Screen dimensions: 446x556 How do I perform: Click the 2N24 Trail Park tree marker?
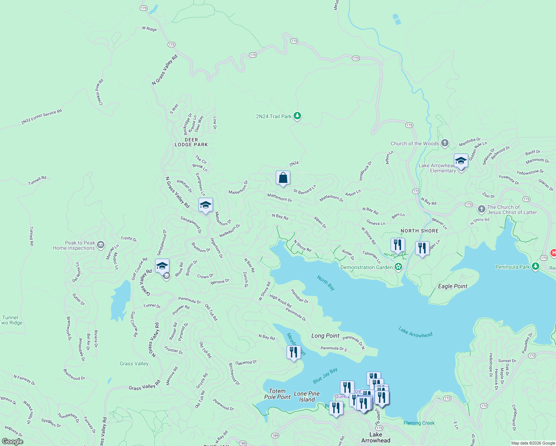tap(297, 116)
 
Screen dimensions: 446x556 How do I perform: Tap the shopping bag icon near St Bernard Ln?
tap(283, 178)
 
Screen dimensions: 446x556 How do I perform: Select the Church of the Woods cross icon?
tap(445, 143)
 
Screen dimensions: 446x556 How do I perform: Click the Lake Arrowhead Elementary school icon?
tap(461, 161)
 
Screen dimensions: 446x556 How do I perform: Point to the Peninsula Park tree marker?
tap(535, 266)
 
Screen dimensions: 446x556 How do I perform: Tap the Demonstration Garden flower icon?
tap(398, 267)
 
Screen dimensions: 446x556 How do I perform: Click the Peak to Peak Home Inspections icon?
tap(101, 245)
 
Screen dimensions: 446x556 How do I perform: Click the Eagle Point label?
tap(452, 286)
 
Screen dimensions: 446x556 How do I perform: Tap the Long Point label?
tap(325, 336)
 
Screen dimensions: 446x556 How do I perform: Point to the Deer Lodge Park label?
tap(191, 142)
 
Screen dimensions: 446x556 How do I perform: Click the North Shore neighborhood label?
tap(419, 231)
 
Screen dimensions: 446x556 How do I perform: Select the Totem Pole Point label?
tap(277, 394)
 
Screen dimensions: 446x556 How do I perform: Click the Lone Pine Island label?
tap(307, 397)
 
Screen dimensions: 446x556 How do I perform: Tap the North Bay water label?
tap(326, 283)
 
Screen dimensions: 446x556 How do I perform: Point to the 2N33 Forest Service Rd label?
tap(41, 117)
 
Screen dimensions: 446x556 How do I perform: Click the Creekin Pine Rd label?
tap(99, 92)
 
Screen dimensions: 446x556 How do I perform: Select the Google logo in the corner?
tap(13, 441)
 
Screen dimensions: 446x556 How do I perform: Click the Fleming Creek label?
tap(419, 423)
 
